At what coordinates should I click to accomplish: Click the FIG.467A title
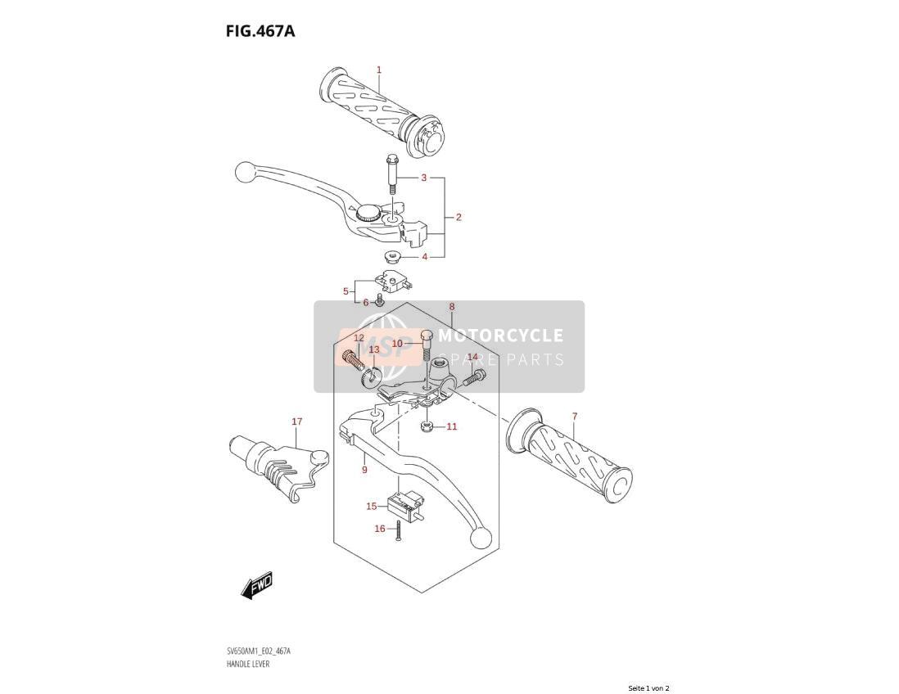[x=260, y=31]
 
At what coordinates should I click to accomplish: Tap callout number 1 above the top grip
[x=378, y=70]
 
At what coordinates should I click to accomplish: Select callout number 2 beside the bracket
[x=459, y=217]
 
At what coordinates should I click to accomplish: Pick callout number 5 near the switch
[x=346, y=291]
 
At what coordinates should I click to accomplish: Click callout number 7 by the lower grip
[x=575, y=416]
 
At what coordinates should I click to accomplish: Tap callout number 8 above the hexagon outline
[x=452, y=307]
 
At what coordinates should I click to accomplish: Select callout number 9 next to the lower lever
[x=364, y=470]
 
